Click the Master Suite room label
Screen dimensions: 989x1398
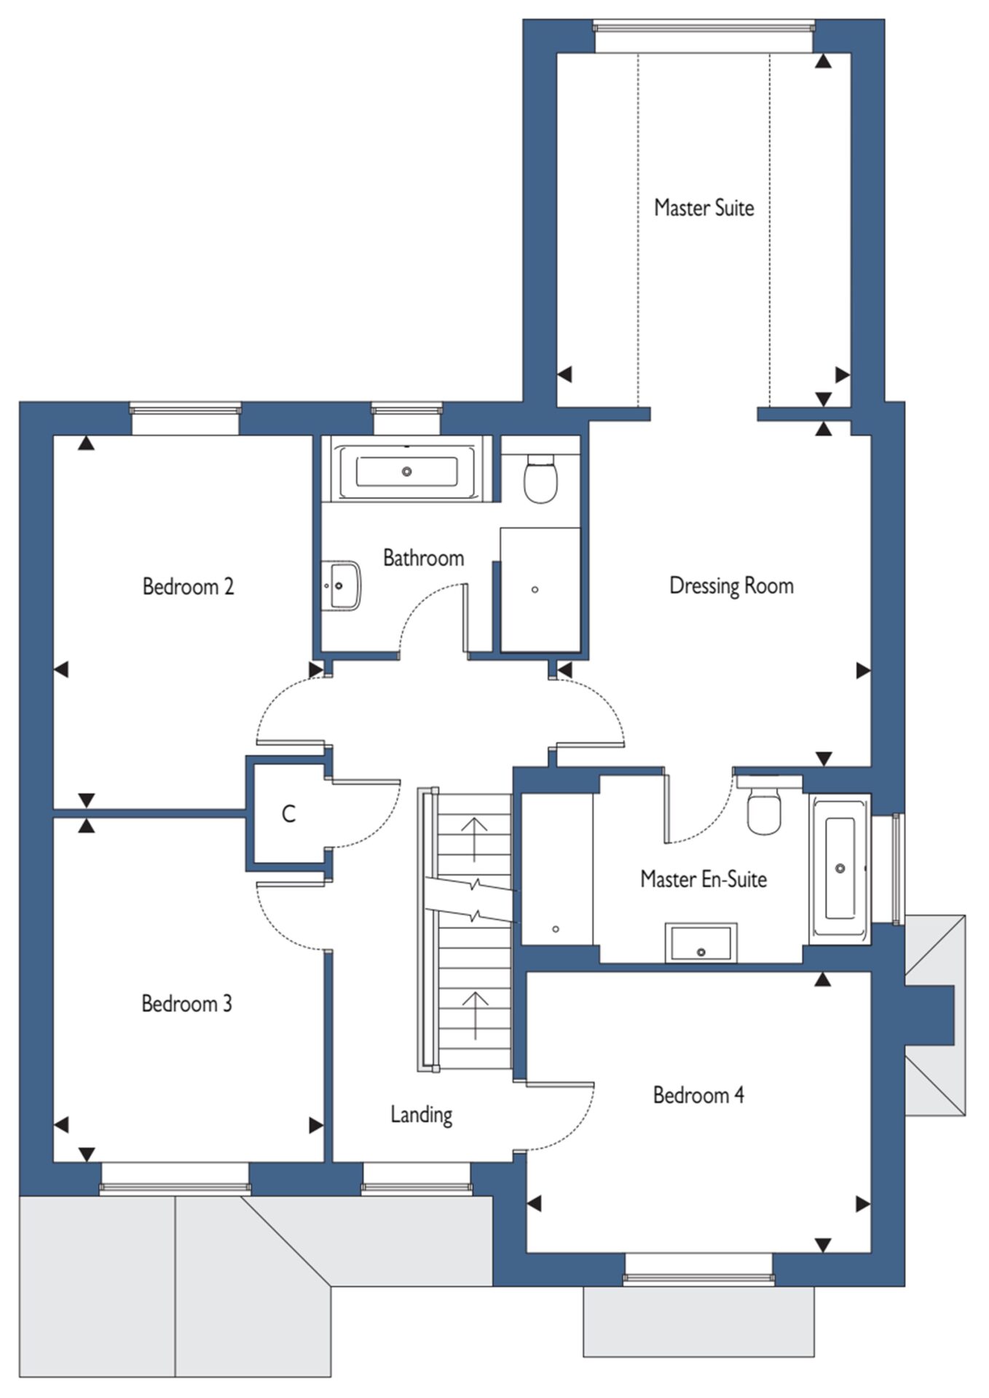(704, 208)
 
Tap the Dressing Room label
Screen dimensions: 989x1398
(731, 586)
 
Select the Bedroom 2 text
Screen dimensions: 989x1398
(188, 586)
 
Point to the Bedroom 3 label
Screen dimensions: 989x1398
(186, 1003)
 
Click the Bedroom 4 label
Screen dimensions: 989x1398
(698, 1095)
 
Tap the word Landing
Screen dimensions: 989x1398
(421, 1115)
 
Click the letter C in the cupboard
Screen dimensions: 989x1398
(288, 813)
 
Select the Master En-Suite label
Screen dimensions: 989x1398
(704, 879)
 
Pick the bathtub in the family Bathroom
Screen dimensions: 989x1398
(406, 472)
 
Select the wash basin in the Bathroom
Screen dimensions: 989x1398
(341, 585)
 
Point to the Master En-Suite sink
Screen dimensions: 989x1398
(701, 943)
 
